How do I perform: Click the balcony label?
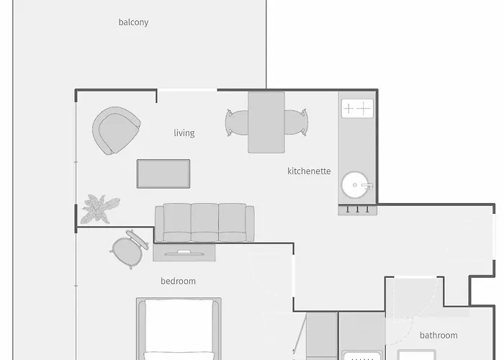tap(133, 22)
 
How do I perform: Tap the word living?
tap(184, 133)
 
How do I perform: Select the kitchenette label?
tap(309, 171)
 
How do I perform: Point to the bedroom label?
tap(178, 282)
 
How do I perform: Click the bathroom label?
tap(438, 336)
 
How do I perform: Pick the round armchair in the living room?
tap(115, 130)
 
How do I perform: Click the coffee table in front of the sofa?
tap(163, 174)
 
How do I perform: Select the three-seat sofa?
tap(204, 222)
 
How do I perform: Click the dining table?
tap(266, 122)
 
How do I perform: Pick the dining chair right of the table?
tap(295, 122)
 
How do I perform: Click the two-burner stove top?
tap(357, 109)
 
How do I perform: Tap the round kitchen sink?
tap(356, 185)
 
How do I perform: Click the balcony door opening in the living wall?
tap(186, 90)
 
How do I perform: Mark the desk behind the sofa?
tap(184, 252)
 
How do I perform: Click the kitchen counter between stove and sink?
tap(357, 145)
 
